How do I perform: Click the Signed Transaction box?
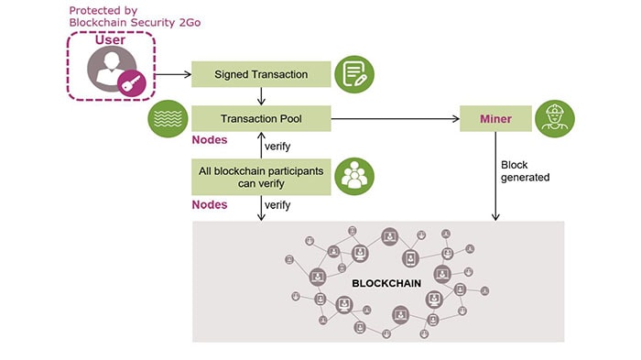tap(260, 73)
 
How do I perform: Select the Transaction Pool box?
tap(260, 118)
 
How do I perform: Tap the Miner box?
tap(495, 118)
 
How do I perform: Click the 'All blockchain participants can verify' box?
tap(260, 177)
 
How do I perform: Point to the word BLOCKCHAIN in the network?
tap(386, 283)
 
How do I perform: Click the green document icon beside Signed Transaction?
tap(352, 73)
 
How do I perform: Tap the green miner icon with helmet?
tap(554, 118)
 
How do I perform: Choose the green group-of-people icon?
tap(353, 176)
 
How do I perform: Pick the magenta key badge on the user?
tap(130, 83)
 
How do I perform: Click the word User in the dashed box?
tap(111, 40)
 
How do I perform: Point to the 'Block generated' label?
tap(525, 171)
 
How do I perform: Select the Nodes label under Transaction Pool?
tap(210, 141)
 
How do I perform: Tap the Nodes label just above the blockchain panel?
tap(210, 205)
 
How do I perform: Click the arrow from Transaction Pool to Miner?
tap(394, 118)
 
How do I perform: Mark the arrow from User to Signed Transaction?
tap(172, 73)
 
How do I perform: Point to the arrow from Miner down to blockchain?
tap(495, 174)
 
